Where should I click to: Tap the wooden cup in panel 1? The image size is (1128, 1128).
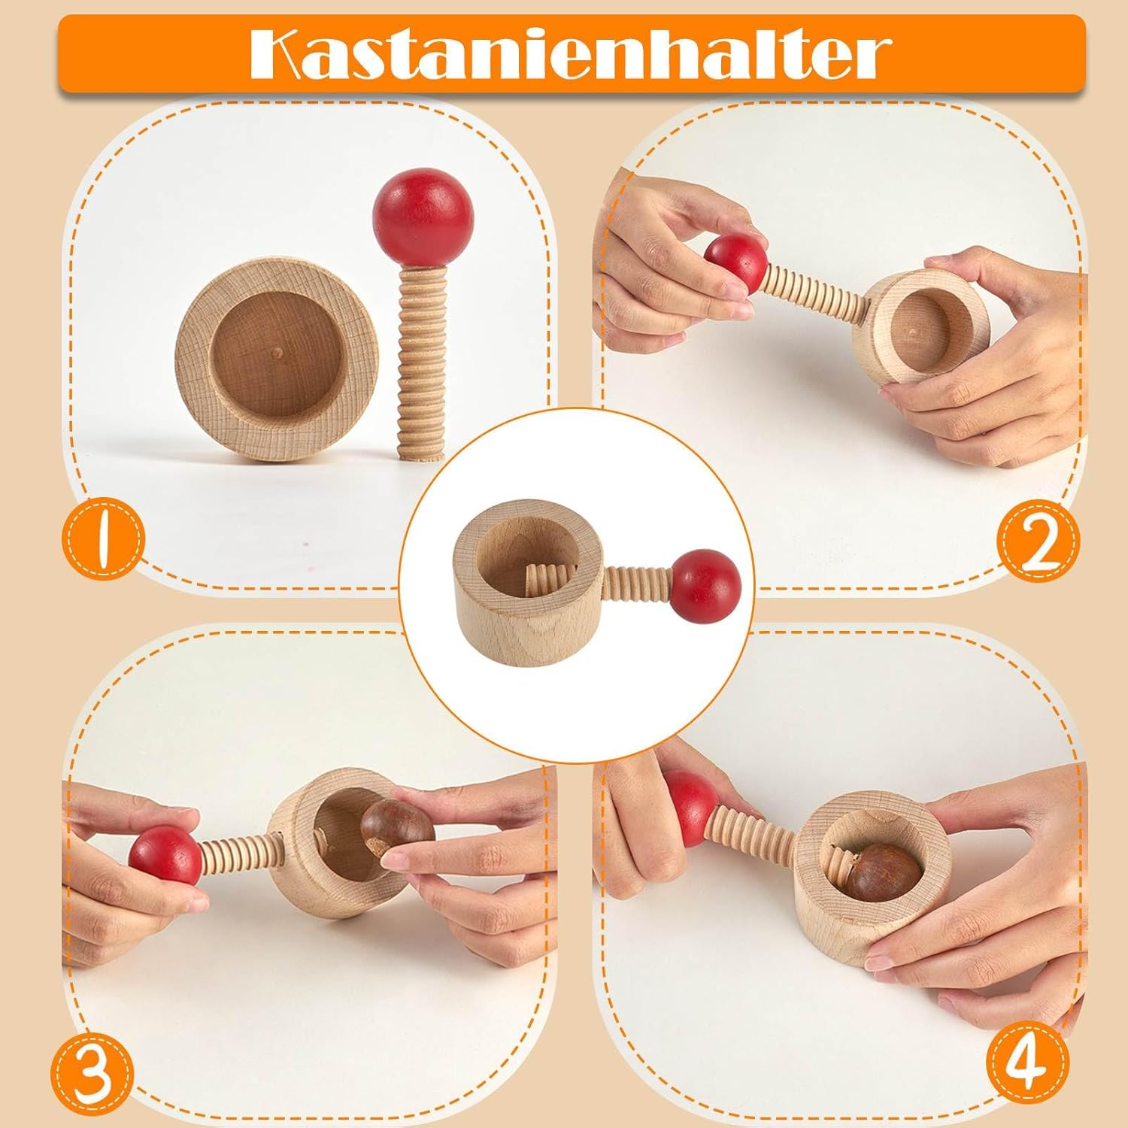point(277,361)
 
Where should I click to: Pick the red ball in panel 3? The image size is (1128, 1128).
point(165,857)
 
